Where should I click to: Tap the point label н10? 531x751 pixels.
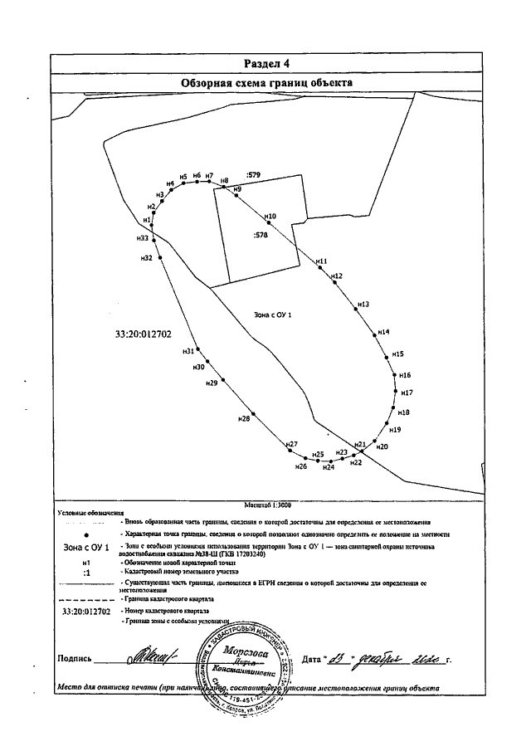point(269,216)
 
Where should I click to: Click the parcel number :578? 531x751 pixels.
point(261,236)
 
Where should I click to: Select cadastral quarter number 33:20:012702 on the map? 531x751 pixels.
point(144,334)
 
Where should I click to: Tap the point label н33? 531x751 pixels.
point(144,238)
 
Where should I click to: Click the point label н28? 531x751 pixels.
point(243,419)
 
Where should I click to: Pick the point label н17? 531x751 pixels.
point(407,392)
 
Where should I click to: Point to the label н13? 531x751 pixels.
point(363,305)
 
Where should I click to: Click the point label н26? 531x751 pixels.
point(302,468)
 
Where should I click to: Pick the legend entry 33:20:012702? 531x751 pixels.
point(87,611)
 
